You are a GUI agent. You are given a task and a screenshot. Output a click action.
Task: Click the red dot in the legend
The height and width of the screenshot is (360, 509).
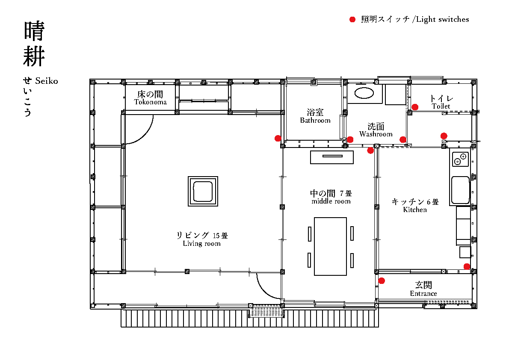352,20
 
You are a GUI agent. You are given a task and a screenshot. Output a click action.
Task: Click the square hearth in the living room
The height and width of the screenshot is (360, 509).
203,191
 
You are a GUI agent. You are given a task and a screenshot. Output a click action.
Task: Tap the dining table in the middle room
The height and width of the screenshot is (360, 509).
331,246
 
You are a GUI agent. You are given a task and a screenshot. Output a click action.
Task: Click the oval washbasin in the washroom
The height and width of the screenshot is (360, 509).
364,93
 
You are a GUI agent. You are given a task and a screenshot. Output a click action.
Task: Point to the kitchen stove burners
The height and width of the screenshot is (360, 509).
461,159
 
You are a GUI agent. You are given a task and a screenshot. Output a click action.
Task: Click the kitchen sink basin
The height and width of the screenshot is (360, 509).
460,190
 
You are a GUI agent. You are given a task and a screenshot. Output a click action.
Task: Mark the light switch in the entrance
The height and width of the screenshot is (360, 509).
382,281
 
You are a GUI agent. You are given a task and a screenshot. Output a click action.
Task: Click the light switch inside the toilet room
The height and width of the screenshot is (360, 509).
415,107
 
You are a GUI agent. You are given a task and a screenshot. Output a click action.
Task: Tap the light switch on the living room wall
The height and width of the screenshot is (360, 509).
278,138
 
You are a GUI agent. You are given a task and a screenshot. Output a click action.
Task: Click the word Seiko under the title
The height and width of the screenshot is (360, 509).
47,81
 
